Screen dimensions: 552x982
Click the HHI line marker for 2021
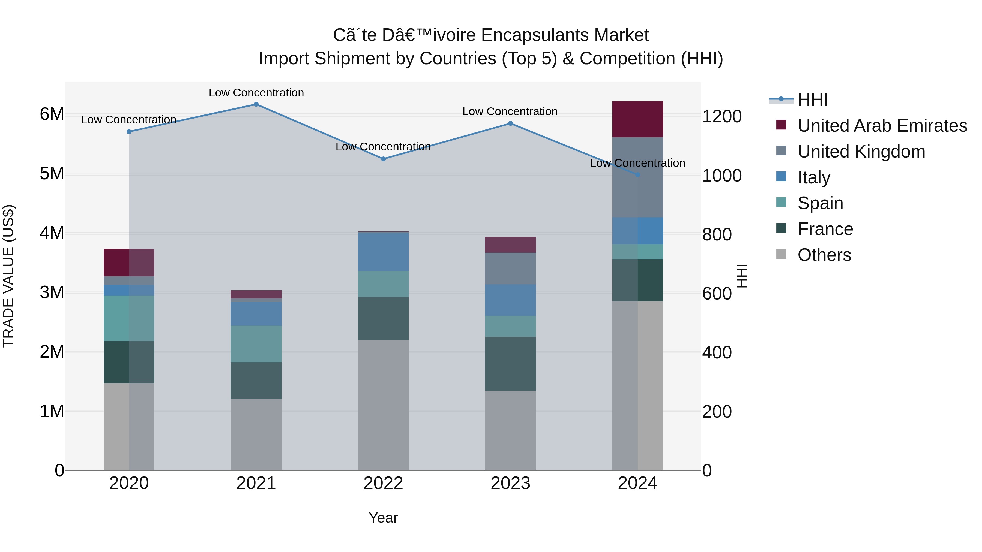pyautogui.click(x=256, y=104)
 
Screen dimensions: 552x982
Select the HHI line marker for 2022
pyautogui.click(x=384, y=159)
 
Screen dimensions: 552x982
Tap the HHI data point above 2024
pyautogui.click(x=638, y=175)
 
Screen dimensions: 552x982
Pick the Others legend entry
pyautogui.click(x=824, y=255)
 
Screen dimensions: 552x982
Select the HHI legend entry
pyautogui.click(x=812, y=100)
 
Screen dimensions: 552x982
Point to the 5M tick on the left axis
pyautogui.click(x=52, y=174)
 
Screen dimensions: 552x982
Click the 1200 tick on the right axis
pyautogui.click(x=721, y=117)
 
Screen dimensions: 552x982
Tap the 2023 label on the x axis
pyautogui.click(x=510, y=483)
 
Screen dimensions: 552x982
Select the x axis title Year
pyautogui.click(x=383, y=518)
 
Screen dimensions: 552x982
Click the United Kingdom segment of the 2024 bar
pyautogui.click(x=637, y=177)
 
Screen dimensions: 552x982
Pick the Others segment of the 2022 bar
pyautogui.click(x=383, y=405)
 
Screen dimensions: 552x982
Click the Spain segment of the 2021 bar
pyautogui.click(x=256, y=344)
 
